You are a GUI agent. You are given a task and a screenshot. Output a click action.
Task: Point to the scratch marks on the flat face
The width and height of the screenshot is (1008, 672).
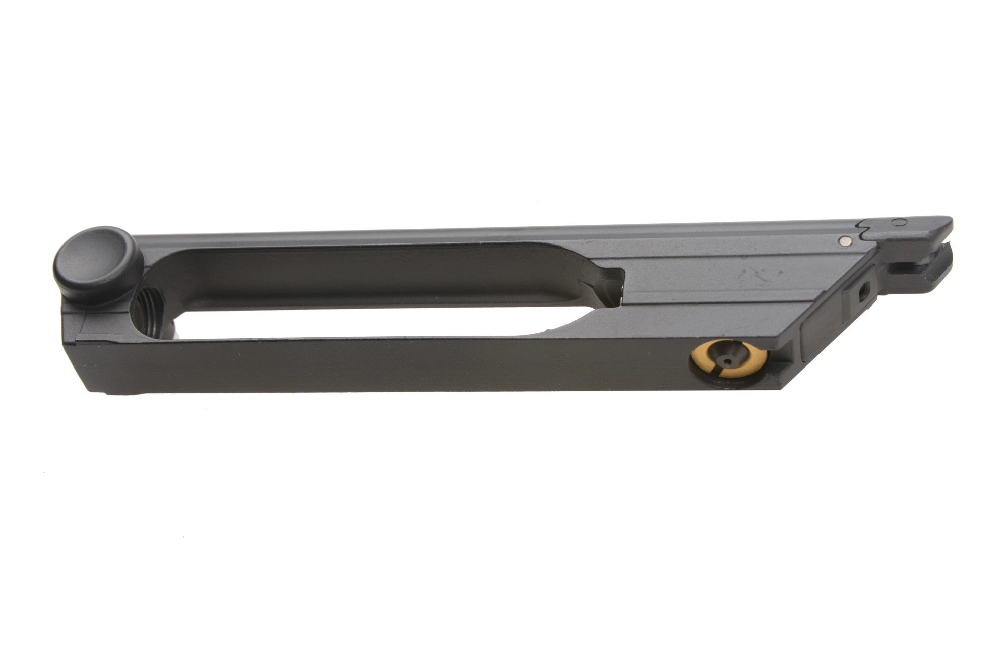[x=756, y=275]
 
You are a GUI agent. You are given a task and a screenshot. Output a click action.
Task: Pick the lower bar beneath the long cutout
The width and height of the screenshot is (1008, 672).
[x=403, y=360]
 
